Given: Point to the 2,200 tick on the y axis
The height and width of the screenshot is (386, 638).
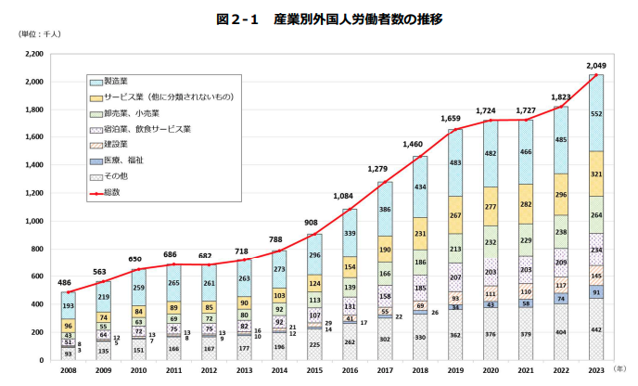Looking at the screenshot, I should pyautogui.click(x=34, y=54).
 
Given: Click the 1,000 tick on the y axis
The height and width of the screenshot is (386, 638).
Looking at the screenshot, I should pyautogui.click(x=34, y=221).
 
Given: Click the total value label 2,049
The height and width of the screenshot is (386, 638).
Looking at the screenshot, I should pyautogui.click(x=595, y=65).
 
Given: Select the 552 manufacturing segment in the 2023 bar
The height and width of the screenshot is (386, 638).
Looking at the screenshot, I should pyautogui.click(x=595, y=112).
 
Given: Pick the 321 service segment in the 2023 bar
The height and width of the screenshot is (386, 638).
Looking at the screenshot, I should pyautogui.click(x=595, y=174).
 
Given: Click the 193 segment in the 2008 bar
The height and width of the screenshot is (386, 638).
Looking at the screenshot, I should pyautogui.click(x=68, y=305).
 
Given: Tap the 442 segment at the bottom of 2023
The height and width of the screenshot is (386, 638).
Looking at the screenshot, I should pyautogui.click(x=595, y=328).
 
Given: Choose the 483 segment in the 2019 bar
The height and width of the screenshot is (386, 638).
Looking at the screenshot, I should pyautogui.click(x=454, y=163).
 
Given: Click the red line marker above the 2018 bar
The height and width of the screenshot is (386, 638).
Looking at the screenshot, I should pyautogui.click(x=419, y=157).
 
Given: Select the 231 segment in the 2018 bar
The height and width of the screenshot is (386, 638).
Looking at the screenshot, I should pyautogui.click(x=419, y=234).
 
